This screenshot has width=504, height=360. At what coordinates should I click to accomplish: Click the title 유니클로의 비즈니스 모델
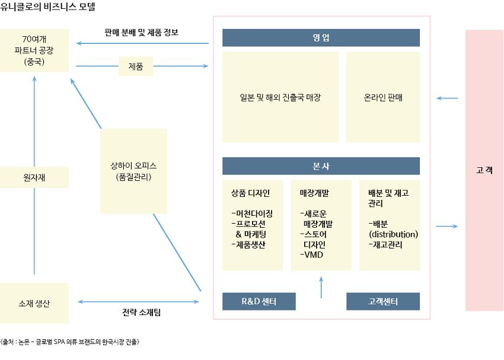[48, 7]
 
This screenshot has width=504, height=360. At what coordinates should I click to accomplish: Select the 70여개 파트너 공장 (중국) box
[34, 50]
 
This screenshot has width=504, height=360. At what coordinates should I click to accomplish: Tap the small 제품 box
[136, 66]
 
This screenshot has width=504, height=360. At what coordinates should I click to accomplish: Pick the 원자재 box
[34, 177]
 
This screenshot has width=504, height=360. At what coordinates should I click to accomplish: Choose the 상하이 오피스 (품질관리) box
[133, 171]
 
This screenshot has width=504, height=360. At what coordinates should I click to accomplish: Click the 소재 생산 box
[34, 303]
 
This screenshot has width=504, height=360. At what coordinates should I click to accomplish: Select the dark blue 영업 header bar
[321, 38]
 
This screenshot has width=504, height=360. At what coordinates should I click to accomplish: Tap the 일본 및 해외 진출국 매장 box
[280, 97]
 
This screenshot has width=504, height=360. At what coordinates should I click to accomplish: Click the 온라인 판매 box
[383, 97]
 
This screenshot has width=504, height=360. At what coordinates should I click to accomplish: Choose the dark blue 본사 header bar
[321, 166]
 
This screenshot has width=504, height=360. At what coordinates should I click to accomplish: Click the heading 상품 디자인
[250, 193]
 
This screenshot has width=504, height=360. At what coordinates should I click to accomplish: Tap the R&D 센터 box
[259, 301]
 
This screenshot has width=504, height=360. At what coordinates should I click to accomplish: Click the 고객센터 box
[382, 301]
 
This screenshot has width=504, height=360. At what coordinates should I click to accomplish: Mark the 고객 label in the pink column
[484, 170]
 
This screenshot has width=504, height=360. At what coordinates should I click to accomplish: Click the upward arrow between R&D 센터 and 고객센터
[321, 287]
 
